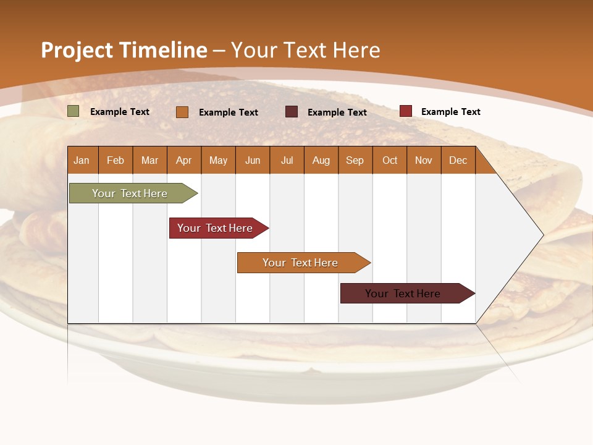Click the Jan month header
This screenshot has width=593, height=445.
82,160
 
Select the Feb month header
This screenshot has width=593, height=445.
116,160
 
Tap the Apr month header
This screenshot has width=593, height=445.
184,160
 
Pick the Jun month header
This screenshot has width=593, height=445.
253,160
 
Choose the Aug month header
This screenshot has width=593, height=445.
321,160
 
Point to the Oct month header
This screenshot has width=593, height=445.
390,160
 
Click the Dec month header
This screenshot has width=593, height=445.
458,160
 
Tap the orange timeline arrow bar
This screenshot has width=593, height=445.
301,263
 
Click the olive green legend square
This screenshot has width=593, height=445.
74,111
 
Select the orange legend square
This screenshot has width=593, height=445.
182,112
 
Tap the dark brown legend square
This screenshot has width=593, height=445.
292,112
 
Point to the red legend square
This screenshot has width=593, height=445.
406,111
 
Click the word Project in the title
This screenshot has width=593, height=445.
75,50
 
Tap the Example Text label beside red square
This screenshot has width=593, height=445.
450,112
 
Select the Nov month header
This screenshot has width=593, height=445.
424,160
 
